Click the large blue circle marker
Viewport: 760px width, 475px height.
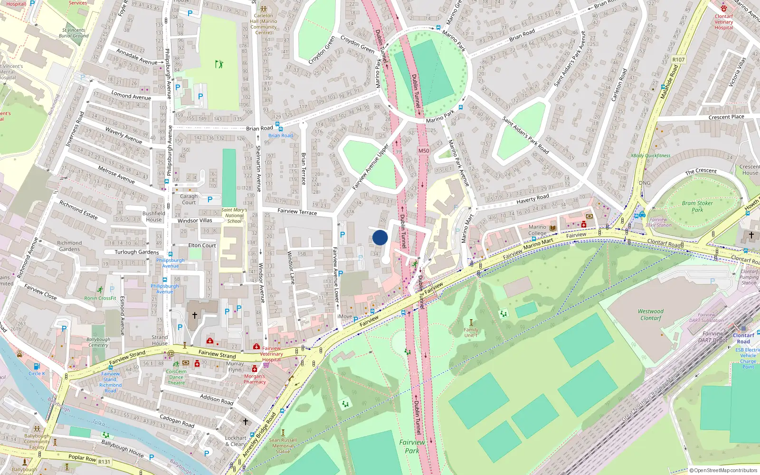coord(380,237)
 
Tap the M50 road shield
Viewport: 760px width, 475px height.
coord(423,151)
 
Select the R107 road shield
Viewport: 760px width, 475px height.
coord(678,59)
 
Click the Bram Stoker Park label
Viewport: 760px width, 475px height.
coord(697,206)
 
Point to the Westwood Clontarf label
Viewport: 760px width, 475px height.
coord(651,314)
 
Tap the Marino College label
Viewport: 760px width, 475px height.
coord(537,230)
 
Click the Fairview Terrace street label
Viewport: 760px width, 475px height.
coord(297,211)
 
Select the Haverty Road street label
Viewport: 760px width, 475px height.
coord(532,199)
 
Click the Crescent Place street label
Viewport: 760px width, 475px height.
coord(726,117)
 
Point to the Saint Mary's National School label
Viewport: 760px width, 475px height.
coord(234,215)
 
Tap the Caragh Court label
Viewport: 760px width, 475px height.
coord(189,199)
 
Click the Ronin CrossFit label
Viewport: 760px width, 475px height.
coord(100,298)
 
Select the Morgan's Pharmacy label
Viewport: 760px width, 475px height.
coord(255,379)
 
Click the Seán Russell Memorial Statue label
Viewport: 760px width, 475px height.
coord(283,446)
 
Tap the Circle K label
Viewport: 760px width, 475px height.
coord(37,373)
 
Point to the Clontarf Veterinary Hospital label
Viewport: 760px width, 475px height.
coord(723,22)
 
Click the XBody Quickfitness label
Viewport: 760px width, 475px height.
coord(650,155)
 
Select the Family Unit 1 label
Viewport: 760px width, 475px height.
coord(471,332)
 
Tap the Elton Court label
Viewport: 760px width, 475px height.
coord(202,245)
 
